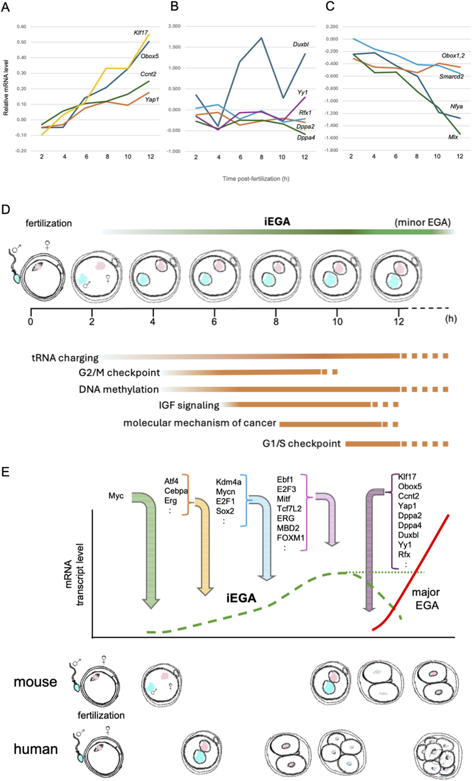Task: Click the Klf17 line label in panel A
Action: coord(140,33)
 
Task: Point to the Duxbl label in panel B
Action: coord(301,44)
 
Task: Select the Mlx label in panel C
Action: coord(453,137)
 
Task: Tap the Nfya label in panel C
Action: coord(456,107)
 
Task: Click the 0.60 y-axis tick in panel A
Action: coord(21,27)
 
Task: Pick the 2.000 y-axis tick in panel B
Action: coord(174,26)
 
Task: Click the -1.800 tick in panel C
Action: coord(332,150)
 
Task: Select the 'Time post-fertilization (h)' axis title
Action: coord(256,179)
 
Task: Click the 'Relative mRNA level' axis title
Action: coord(6,88)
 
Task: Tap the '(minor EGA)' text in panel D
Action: coord(423,223)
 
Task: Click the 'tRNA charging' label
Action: coord(65,358)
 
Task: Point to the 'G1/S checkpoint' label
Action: coord(301,444)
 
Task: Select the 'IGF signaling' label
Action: coord(189,406)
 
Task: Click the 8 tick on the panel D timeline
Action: coord(276,321)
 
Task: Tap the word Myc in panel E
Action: coord(116,496)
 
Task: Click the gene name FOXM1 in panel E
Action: coord(290,538)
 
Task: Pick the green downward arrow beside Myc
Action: coord(150,549)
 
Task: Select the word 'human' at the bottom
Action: coord(35,749)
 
